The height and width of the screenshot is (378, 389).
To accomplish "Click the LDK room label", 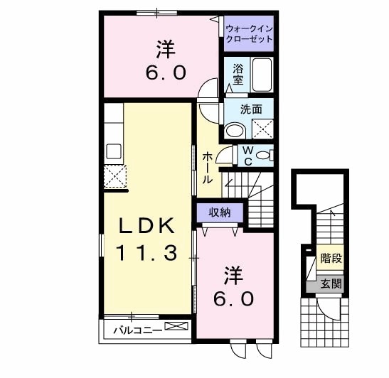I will (x=146, y=225).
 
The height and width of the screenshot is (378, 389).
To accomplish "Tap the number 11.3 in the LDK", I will (x=146, y=251).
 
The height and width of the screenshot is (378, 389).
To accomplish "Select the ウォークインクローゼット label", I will (x=248, y=33).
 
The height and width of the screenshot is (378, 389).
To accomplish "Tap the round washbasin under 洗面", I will (x=234, y=131).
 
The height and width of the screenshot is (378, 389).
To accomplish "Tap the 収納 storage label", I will (x=219, y=212).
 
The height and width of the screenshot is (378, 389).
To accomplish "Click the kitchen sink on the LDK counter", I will (x=114, y=151).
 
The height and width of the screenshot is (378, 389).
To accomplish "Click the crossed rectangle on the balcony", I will (x=176, y=326).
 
